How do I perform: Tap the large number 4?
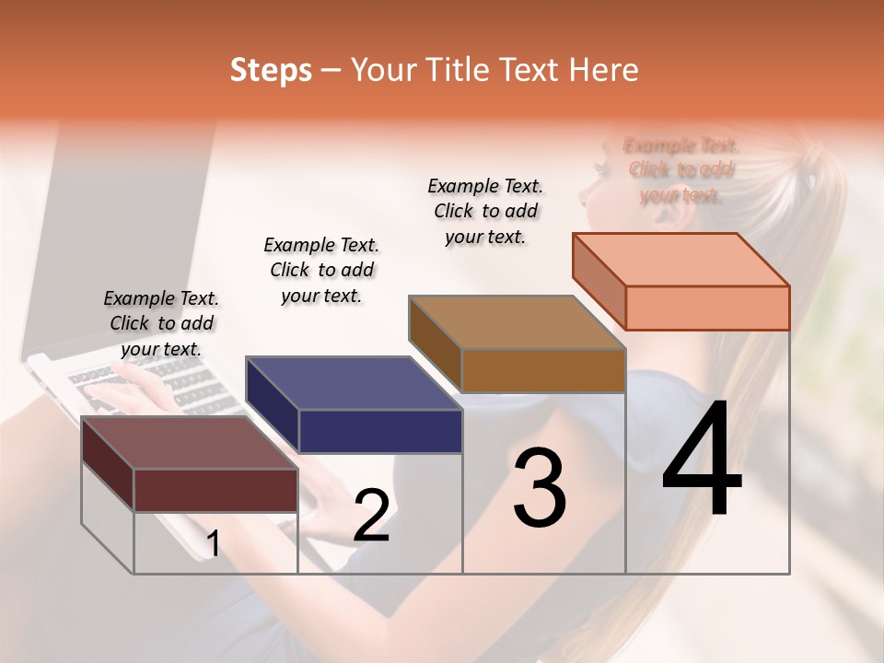(x=702, y=459)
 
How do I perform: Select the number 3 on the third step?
(x=540, y=489)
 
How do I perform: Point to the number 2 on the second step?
(x=371, y=516)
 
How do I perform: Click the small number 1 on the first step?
(x=213, y=544)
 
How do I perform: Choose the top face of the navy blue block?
(x=354, y=383)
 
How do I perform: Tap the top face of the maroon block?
(x=190, y=443)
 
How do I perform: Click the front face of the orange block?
(x=707, y=308)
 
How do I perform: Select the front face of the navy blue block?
(x=380, y=431)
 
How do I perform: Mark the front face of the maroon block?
(x=215, y=490)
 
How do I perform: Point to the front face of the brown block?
(x=543, y=370)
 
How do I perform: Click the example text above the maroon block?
(x=161, y=323)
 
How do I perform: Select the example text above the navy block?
(x=321, y=270)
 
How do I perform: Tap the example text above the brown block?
(x=485, y=211)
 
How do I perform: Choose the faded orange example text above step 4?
(x=681, y=170)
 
